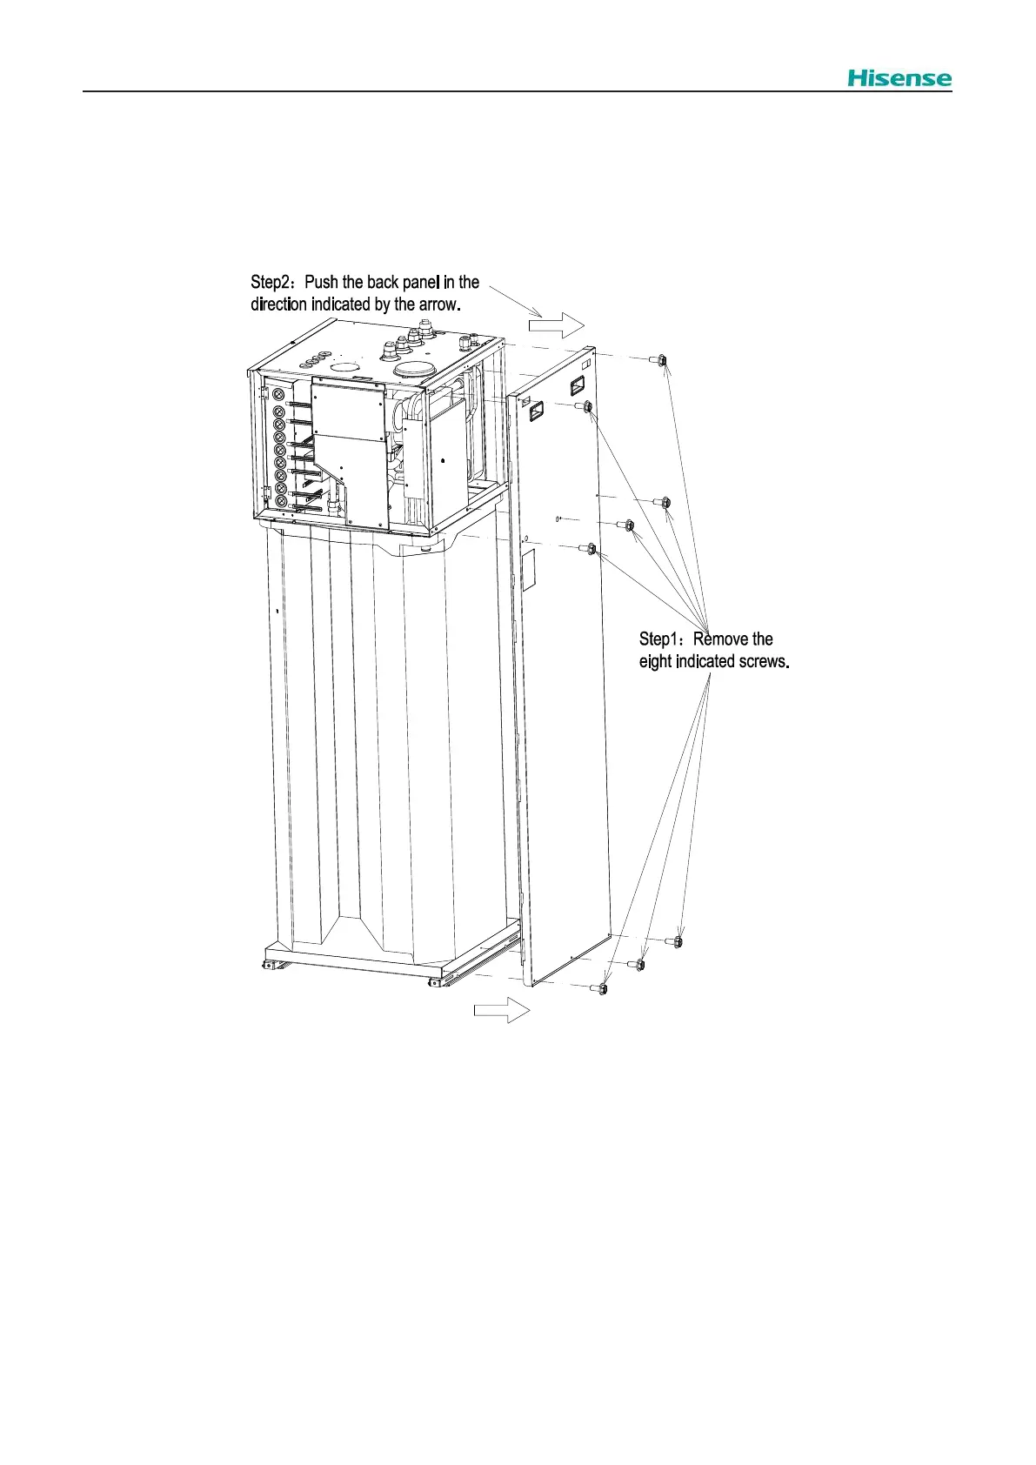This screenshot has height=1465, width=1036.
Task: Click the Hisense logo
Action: [899, 78]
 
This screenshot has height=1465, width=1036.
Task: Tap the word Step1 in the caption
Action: [661, 639]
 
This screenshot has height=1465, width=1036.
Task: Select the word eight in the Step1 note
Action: [655, 661]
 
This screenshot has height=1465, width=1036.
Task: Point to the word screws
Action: [763, 661]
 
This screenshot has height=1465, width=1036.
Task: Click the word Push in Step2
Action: [322, 283]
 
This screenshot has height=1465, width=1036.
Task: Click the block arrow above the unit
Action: [558, 325]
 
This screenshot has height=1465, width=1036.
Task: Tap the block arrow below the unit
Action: [502, 1010]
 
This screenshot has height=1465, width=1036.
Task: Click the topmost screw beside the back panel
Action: [661, 359]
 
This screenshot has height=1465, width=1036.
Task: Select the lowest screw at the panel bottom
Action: [603, 988]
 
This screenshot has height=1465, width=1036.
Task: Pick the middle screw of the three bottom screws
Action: [640, 964]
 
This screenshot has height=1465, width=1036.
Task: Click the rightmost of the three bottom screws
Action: [678, 941]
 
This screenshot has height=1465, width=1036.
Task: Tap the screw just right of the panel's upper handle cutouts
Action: [587, 406]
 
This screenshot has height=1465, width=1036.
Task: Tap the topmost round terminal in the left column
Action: [279, 395]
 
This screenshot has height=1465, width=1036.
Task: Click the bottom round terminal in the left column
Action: [281, 502]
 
